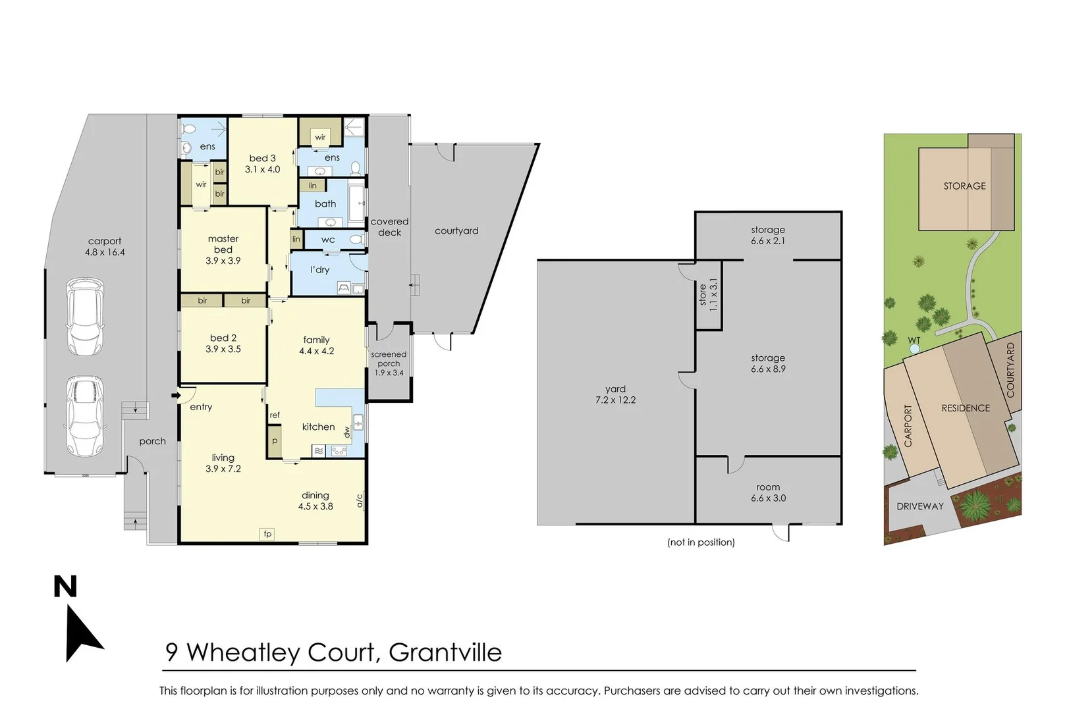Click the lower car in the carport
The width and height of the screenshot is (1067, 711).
click(x=85, y=416)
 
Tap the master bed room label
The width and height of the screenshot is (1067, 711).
click(x=223, y=250)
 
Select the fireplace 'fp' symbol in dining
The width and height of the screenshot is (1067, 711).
click(x=267, y=534)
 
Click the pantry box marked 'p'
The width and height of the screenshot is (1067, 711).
click(x=275, y=441)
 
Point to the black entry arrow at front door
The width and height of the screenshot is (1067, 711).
click(x=175, y=395)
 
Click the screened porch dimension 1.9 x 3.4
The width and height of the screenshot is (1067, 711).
click(x=389, y=373)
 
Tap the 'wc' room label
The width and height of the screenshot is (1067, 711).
click(x=328, y=240)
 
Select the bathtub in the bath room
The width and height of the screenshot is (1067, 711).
click(x=355, y=203)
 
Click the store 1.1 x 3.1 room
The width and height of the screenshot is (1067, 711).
click(x=709, y=294)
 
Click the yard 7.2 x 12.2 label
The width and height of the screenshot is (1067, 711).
click(x=615, y=394)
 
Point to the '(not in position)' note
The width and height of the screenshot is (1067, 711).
click(x=701, y=542)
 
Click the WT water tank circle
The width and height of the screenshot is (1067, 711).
click(x=914, y=349)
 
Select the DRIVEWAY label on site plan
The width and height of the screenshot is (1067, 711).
click(x=920, y=506)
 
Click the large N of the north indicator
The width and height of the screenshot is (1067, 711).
click(x=65, y=587)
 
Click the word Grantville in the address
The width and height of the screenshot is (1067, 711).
click(x=445, y=652)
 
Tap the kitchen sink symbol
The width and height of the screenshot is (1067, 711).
click(x=358, y=422)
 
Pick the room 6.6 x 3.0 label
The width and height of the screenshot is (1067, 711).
click(x=768, y=493)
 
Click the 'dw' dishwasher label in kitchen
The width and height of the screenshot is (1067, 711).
click(x=347, y=432)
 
